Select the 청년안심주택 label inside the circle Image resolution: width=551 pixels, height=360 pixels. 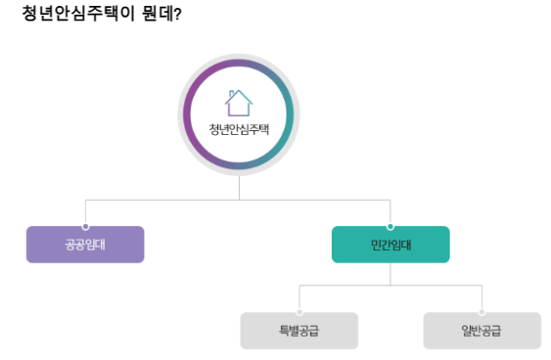coord(239,128)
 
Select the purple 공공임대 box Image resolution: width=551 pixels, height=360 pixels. coord(85,245)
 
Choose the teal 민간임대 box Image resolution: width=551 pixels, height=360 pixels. coord(390,245)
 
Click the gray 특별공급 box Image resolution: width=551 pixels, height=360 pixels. coord(299,331)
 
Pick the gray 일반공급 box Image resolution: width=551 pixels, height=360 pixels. coord(482,331)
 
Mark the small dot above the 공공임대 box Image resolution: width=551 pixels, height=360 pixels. coord(85,226)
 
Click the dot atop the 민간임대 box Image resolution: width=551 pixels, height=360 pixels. coord(390,226)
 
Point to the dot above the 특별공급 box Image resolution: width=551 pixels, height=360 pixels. coord(299,312)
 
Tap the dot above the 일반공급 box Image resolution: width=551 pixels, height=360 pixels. coord(482,312)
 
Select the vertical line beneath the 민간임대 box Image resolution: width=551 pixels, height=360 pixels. coord(390,274)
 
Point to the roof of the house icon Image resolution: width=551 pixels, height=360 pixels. coord(239,93)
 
